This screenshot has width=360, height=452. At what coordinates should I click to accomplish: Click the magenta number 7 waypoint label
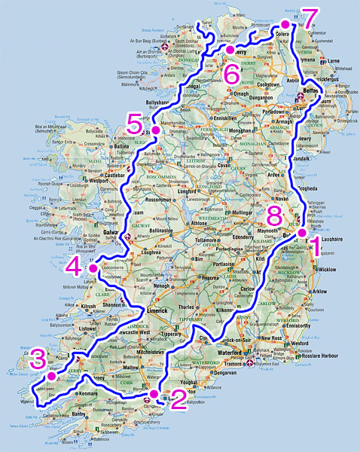pos(308,17)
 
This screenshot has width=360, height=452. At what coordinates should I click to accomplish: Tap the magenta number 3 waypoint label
pos(38,359)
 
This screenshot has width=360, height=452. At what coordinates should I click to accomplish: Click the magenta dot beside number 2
pos(154,393)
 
